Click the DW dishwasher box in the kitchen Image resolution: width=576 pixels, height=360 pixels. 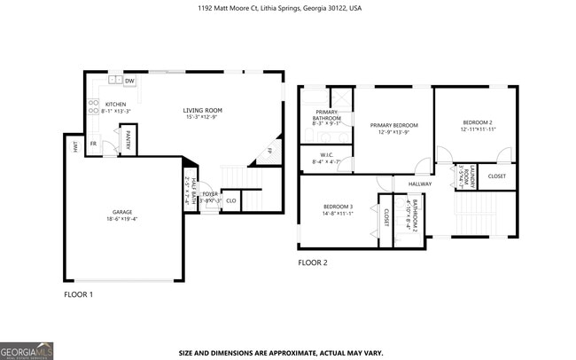pyautogui.click(x=129, y=82)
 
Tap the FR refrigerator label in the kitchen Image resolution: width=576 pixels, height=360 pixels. pyautogui.click(x=93, y=143)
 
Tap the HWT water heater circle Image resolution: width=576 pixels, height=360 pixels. pyautogui.click(x=76, y=148)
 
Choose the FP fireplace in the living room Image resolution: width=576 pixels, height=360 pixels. pyautogui.click(x=269, y=151)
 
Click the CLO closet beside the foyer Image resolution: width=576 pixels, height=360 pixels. pyautogui.click(x=230, y=200)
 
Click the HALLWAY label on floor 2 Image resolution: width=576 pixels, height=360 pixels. pyautogui.click(x=420, y=184)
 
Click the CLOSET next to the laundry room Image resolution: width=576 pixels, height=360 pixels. pyautogui.click(x=497, y=176)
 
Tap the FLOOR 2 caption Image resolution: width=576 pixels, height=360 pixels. pyautogui.click(x=313, y=262)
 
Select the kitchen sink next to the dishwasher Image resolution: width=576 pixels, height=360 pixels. pyautogui.click(x=114, y=82)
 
